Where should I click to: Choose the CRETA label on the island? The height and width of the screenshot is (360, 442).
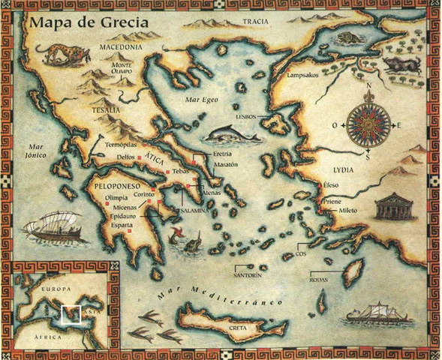tap(259, 327)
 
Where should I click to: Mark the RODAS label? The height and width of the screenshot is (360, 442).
tap(320, 280)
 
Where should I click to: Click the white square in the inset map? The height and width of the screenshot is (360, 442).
tap(71, 313)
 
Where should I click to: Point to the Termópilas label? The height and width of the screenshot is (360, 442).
tap(122, 143)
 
